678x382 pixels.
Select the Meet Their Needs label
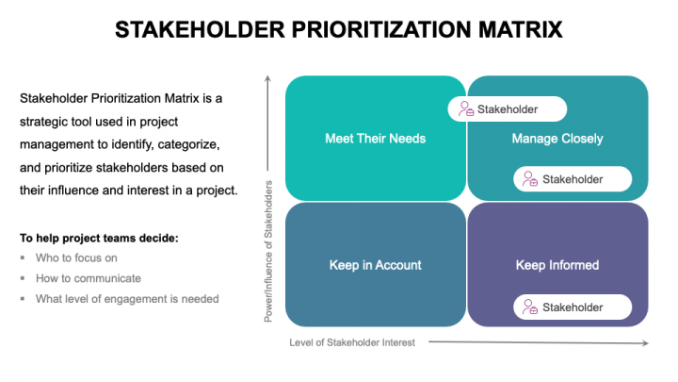click(375, 139)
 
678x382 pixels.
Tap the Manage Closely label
click(557, 139)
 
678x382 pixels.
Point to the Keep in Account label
click(375, 265)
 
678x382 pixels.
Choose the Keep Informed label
click(557, 265)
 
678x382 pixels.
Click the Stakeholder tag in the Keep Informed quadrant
click(573, 307)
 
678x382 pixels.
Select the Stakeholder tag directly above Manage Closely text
click(507, 109)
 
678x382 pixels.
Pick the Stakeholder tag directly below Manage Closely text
click(573, 178)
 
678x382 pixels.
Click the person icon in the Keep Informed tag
click(530, 307)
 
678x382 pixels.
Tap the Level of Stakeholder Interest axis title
click(352, 342)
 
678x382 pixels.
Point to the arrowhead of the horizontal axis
click(646, 342)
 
